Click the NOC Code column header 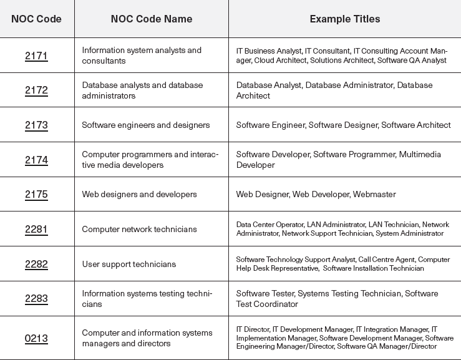36,19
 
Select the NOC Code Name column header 151,19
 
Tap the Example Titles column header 344,19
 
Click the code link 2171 36,56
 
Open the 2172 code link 36,90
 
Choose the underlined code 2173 36,125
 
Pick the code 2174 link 36,160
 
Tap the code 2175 36,194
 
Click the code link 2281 36,229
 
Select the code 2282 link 36,264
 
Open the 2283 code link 36,299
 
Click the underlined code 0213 36,339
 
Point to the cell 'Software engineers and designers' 145,125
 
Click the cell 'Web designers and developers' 139,194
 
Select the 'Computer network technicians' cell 139,229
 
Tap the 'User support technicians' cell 129,264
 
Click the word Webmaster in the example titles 374,194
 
